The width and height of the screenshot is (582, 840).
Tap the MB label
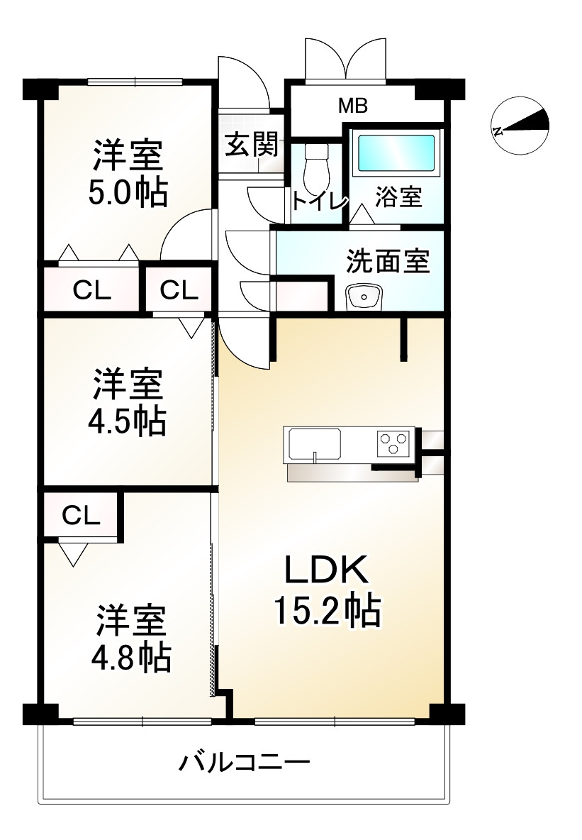(352, 106)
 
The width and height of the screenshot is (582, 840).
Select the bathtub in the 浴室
(395, 153)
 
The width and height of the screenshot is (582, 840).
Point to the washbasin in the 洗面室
(364, 297)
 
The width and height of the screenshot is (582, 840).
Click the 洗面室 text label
(387, 262)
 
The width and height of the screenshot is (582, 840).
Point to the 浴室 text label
(398, 198)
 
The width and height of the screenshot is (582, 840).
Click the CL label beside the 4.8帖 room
(80, 516)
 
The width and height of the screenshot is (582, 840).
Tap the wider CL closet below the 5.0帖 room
(92, 289)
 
